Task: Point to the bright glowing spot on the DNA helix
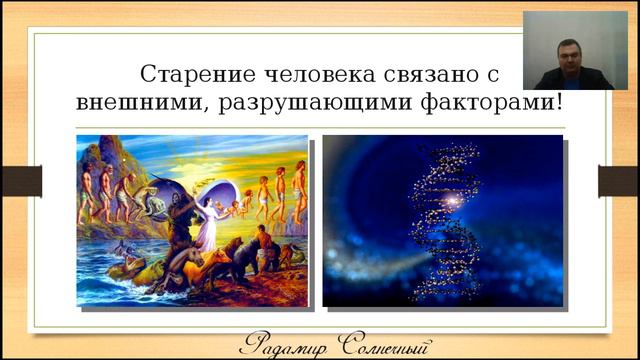click(x=451, y=201)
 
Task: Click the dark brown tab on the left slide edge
click(x=20, y=181)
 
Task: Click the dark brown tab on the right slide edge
click(x=620, y=181)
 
